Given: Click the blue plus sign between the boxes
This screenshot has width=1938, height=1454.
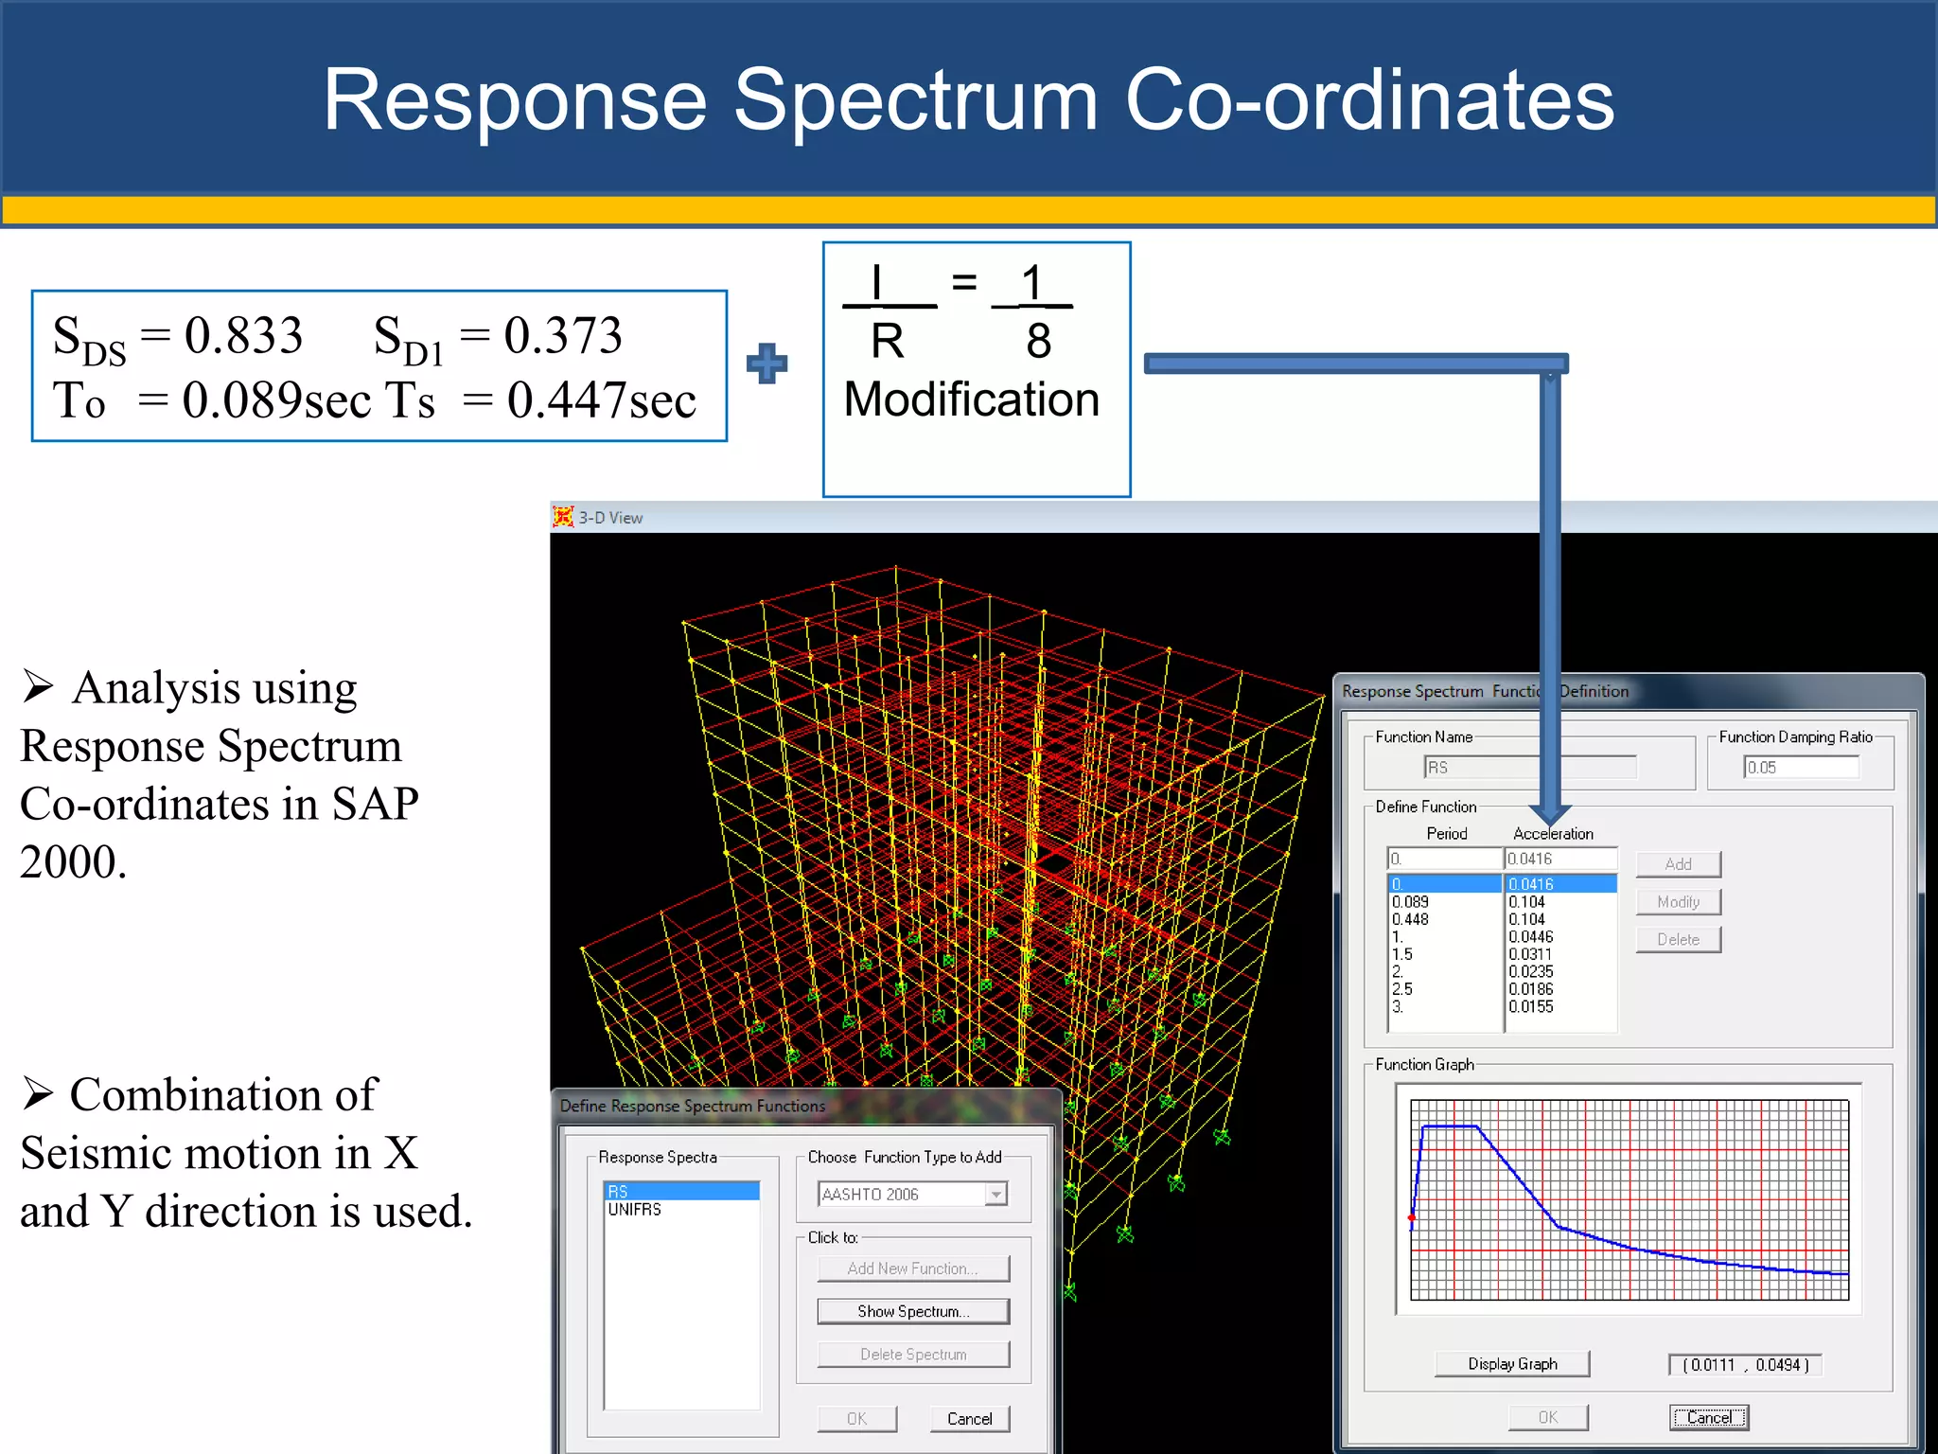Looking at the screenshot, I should click(x=766, y=363).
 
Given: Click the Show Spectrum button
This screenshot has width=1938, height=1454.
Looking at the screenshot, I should click(x=913, y=1311).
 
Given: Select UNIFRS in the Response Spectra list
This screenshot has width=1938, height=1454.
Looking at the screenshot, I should click(x=635, y=1210).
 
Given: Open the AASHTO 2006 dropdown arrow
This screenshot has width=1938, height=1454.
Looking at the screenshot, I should click(x=995, y=1195).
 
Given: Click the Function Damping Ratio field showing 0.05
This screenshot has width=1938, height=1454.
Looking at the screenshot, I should click(x=1801, y=768).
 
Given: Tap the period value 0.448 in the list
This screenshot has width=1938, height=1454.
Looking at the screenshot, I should click(x=1410, y=919).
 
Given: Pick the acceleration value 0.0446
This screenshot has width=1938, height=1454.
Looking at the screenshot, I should click(x=1530, y=936).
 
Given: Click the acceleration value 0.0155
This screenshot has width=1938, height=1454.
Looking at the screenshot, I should click(x=1530, y=1006).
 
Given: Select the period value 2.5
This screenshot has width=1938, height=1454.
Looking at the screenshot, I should click(x=1402, y=989).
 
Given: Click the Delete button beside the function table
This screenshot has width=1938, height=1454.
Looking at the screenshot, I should click(x=1678, y=939).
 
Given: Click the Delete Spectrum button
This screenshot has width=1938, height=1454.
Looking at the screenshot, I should click(x=913, y=1355).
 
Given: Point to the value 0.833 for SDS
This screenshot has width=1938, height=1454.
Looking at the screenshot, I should click(x=243, y=335).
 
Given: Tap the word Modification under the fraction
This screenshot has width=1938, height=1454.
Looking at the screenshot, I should click(x=972, y=399).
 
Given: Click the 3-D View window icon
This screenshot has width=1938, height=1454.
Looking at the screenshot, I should click(x=564, y=517).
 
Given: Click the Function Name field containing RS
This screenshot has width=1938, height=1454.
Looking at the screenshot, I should click(x=1530, y=768).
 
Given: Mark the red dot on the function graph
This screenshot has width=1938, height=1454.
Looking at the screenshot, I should click(x=1412, y=1217).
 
